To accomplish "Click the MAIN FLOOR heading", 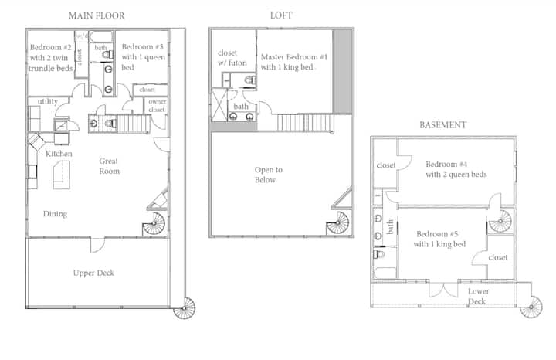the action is pos(97,15).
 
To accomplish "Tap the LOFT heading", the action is pos(281,15).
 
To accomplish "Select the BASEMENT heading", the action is pos(443,125).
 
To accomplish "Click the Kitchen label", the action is pos(59,154).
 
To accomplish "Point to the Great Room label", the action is pos(109,166).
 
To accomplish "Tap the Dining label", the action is pos(55,214).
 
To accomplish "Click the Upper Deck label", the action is pos(93,273).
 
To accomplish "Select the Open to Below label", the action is pos(269,175).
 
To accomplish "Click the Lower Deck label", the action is pos(478,296).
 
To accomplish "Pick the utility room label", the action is pos(48,102).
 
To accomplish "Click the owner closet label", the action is pos(157,105).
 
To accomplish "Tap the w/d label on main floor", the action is pos(82,36).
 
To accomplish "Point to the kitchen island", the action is pos(61,175).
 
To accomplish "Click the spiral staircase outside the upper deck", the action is pos(185,308).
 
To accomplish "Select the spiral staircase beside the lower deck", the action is pos(531,307).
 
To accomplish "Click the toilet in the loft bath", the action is pos(250,80).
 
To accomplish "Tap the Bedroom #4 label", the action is pos(446,165).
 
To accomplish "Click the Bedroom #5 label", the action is pos(437,234).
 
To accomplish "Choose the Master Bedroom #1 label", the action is pos(294,57).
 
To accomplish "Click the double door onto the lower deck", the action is pos(443,289).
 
